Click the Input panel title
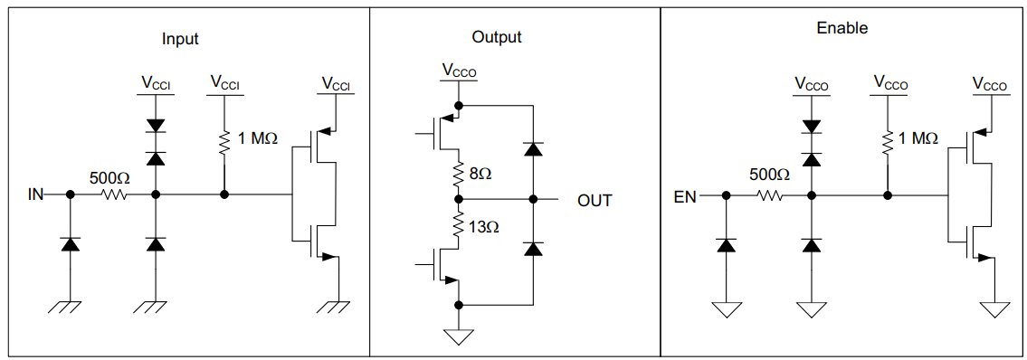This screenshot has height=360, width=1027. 180,39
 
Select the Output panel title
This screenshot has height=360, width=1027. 497,37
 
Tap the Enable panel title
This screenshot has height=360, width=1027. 842,28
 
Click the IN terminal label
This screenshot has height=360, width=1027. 36,194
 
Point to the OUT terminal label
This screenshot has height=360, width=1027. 594,200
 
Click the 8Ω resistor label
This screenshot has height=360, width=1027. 481,173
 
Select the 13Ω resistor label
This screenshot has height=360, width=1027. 484,226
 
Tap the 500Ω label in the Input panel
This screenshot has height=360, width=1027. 109,178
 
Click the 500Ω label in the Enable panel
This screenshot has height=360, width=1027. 771,175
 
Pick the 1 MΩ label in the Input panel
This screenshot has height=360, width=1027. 257,139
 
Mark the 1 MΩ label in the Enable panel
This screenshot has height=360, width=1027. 918,138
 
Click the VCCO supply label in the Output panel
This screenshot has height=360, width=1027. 460,70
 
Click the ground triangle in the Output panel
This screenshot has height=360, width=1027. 460,337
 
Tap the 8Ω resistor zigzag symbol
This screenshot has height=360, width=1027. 460,172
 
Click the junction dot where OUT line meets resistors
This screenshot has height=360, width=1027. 460,199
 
